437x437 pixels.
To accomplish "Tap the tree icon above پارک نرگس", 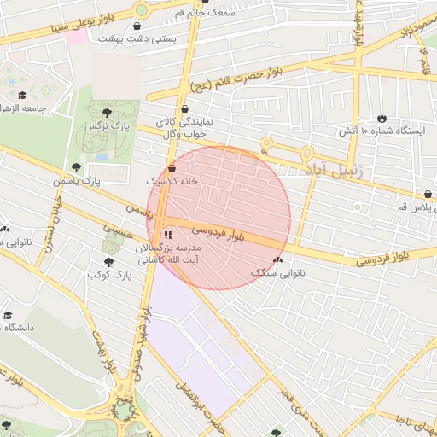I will (106, 113).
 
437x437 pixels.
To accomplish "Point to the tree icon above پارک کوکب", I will (108, 262).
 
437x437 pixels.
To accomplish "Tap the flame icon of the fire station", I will (382, 118).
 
